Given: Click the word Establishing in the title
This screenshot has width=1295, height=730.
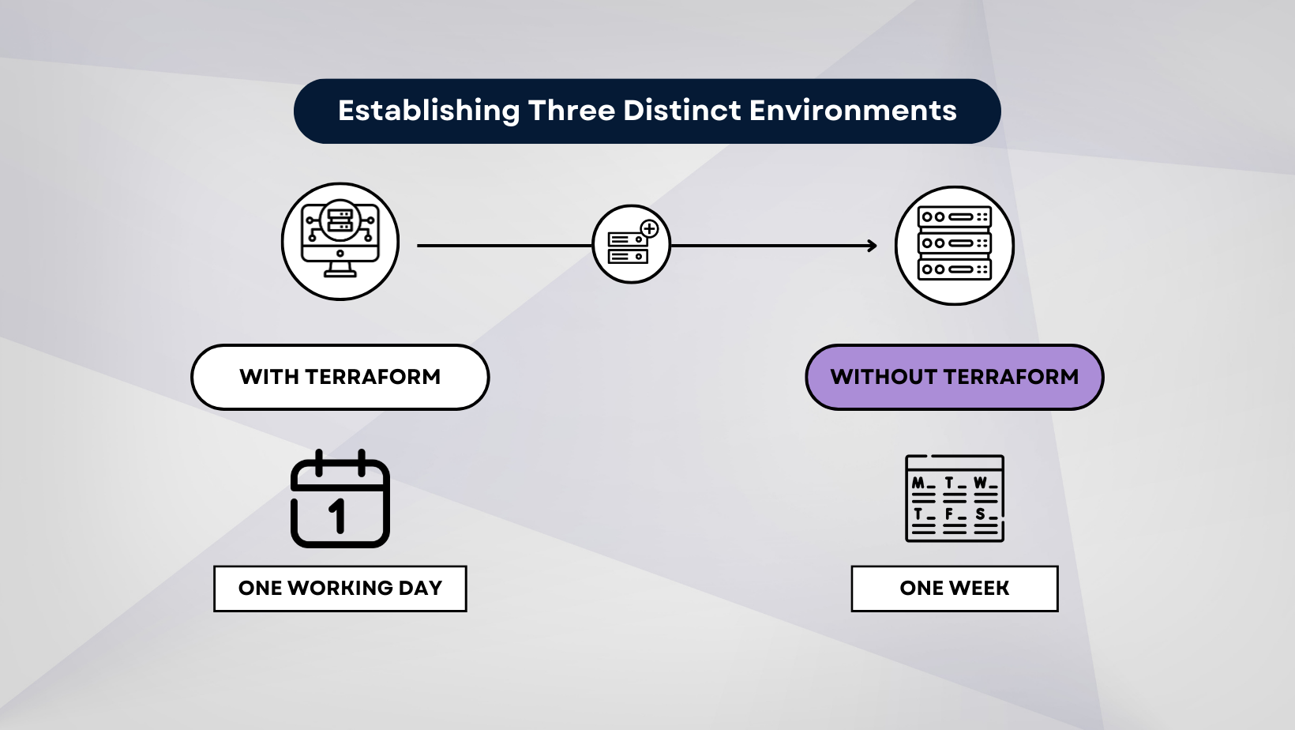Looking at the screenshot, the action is point(429,111).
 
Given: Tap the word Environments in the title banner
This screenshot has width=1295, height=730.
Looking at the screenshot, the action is point(853,111).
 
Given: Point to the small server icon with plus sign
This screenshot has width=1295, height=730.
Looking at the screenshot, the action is point(632,244).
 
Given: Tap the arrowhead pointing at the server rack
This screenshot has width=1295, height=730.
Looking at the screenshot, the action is point(872,246).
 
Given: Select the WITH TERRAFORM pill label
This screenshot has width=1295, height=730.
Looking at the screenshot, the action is point(340,377).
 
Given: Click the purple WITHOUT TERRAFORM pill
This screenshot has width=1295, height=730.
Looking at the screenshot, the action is point(955,377).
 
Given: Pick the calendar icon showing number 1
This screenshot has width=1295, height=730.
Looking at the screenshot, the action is point(340,499).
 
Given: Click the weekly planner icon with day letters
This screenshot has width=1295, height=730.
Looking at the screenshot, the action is point(955,499).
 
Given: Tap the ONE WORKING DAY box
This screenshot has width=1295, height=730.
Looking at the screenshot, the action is point(340,589).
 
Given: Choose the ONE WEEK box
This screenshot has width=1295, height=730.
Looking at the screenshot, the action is point(955,589).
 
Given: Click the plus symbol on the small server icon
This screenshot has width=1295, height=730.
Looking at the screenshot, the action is point(649,229).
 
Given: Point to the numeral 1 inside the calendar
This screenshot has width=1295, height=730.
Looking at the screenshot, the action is point(338,515).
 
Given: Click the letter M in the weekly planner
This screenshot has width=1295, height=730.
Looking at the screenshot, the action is point(918,483).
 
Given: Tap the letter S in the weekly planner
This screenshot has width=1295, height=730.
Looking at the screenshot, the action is point(980,514).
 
